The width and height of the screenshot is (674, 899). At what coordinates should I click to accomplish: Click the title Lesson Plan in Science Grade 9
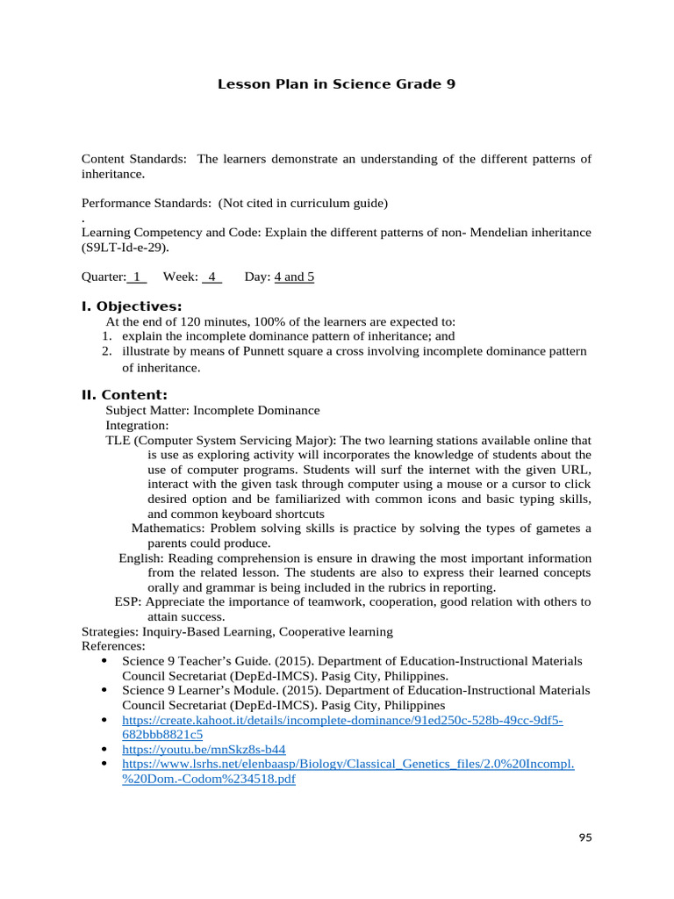point(336,84)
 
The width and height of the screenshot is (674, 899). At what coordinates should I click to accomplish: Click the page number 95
point(585,838)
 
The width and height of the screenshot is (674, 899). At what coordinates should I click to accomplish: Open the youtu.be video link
point(204,749)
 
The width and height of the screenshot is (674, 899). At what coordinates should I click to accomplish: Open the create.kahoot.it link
point(342,720)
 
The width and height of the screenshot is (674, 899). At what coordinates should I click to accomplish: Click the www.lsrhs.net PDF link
point(348,764)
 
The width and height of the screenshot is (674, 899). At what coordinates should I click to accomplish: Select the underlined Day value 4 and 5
point(294,277)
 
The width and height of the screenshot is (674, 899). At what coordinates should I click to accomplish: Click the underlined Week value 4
point(212,277)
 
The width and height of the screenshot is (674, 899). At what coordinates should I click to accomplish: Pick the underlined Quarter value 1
point(137,277)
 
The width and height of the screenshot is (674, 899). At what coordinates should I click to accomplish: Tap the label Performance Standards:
point(146,203)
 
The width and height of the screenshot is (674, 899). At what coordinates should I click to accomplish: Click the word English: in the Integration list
point(141,557)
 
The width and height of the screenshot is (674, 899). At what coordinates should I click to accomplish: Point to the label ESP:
point(128,601)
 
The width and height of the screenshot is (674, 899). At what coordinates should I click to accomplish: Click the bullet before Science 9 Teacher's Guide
point(105,660)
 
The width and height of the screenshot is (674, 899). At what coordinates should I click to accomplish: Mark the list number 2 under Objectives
point(105,351)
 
